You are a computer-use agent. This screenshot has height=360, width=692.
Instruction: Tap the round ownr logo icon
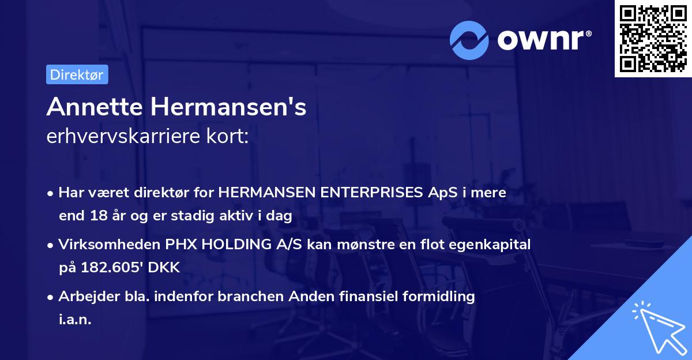point(469,40)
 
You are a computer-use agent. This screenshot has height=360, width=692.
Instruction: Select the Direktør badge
point(77,74)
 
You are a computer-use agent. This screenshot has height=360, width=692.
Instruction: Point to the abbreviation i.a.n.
point(74,320)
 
